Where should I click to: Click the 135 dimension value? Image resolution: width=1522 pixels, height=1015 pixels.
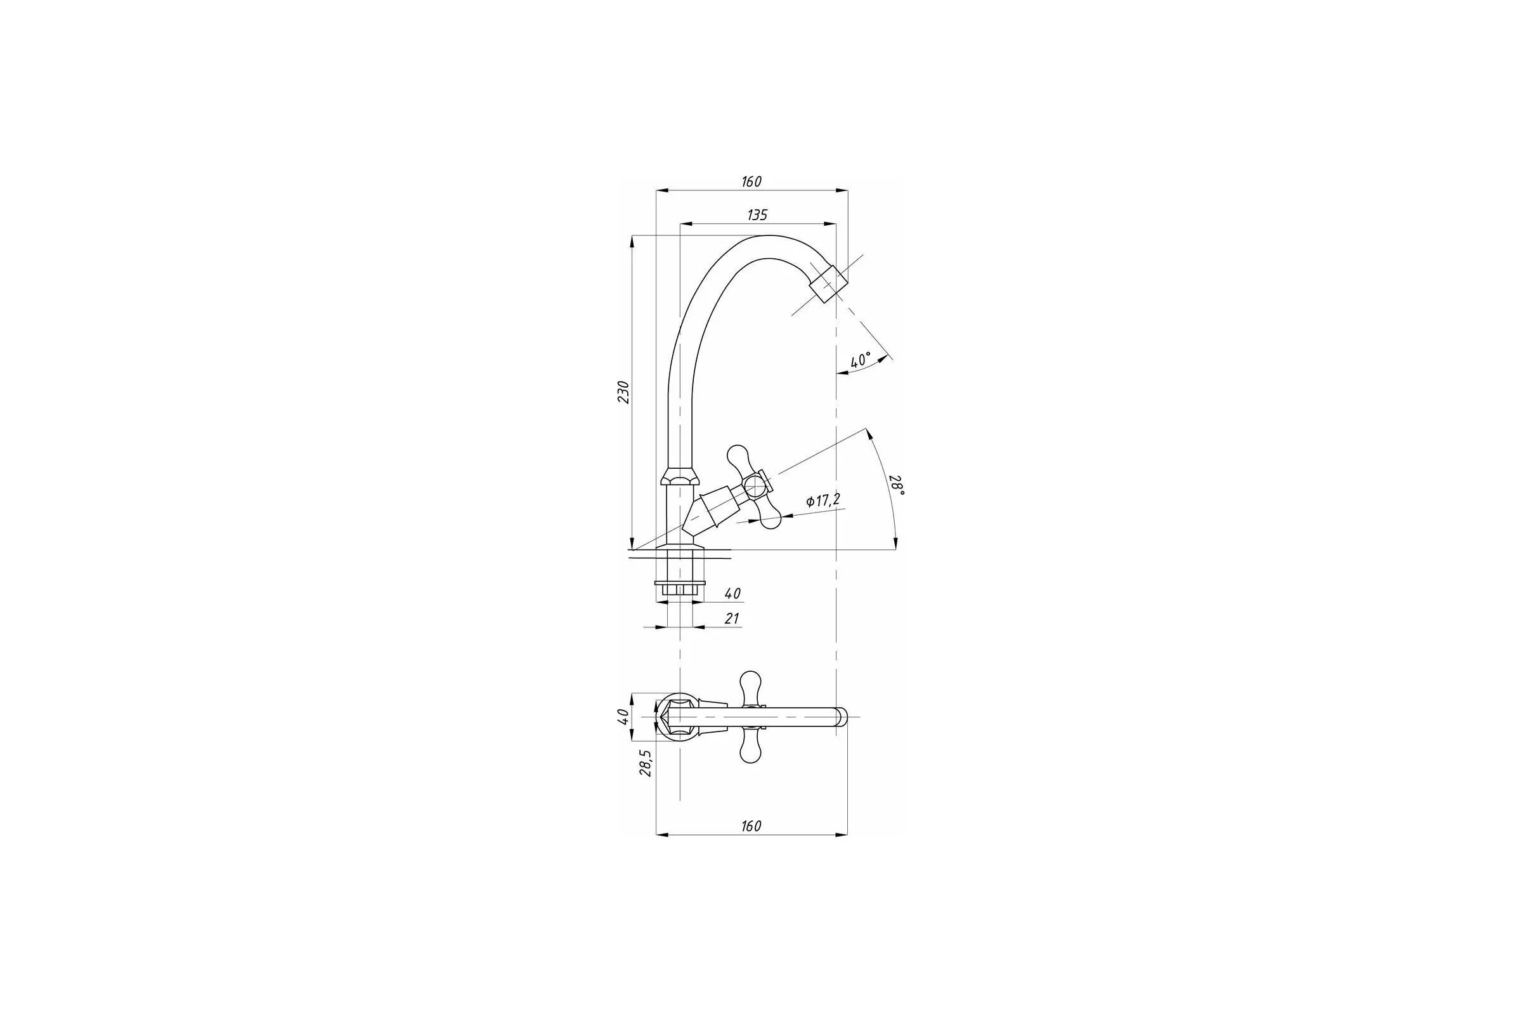click(x=757, y=215)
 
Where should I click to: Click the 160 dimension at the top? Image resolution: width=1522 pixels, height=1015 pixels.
click(x=751, y=182)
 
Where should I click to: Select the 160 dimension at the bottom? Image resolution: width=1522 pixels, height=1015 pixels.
click(x=751, y=826)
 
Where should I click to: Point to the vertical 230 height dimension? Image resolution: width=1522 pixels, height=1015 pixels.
click(x=623, y=392)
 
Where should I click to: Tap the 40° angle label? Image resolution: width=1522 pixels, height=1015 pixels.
click(x=860, y=360)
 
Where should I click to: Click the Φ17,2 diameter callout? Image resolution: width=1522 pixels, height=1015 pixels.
click(x=823, y=501)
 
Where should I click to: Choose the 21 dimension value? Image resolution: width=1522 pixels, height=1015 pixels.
click(x=731, y=619)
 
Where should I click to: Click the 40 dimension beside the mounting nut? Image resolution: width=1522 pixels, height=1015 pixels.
click(x=732, y=594)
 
